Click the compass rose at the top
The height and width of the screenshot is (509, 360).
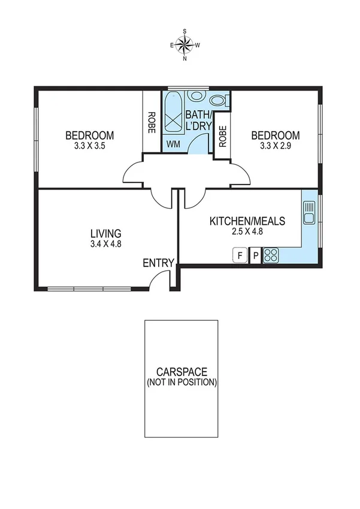[x=184, y=44]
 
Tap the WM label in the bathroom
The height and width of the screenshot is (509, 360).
[x=173, y=144]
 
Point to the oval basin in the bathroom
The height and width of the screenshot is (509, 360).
[x=195, y=96]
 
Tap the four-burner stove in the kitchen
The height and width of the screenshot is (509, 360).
[x=271, y=255]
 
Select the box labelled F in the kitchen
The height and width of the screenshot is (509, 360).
[x=240, y=255]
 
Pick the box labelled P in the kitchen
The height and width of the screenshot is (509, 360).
[x=255, y=255]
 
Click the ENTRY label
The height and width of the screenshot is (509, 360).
[x=158, y=263]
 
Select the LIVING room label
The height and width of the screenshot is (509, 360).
[x=106, y=233]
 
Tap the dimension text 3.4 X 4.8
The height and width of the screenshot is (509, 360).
[x=106, y=244]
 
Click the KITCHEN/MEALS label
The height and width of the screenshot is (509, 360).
[x=247, y=221]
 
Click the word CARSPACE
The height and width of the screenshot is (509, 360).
[x=181, y=372]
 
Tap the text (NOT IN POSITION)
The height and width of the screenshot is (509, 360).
[x=181, y=382]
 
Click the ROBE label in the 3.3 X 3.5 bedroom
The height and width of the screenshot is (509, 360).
[x=152, y=123]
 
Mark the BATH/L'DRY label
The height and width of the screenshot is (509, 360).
[x=197, y=120]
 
